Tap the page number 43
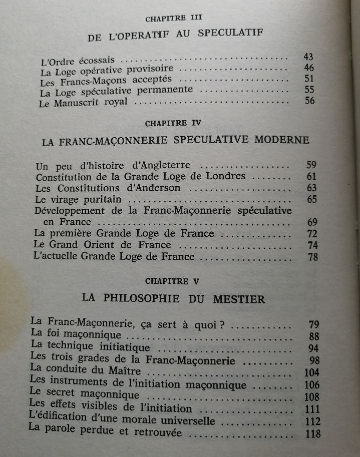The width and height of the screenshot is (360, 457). pyautogui.click(x=308, y=57)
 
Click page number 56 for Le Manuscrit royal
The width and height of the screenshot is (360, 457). pyautogui.click(x=310, y=101)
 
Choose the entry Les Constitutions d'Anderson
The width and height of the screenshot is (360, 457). pyautogui.click(x=108, y=188)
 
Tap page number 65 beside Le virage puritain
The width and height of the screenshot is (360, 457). pyautogui.click(x=312, y=199)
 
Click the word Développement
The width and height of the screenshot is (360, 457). pyautogui.click(x=70, y=211)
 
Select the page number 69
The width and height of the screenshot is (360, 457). pyautogui.click(x=312, y=222)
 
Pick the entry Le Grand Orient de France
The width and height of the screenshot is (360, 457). pyautogui.click(x=102, y=245)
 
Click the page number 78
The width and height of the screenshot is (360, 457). pyautogui.click(x=312, y=257)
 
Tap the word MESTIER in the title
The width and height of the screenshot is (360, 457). pyautogui.click(x=237, y=298)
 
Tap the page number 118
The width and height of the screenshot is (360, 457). pyautogui.click(x=313, y=433)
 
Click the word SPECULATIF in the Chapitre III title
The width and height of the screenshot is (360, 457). pyautogui.click(x=231, y=35)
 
